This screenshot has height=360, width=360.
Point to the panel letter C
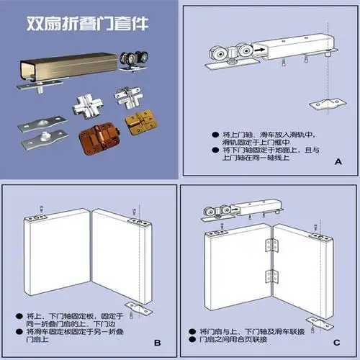point(337,343)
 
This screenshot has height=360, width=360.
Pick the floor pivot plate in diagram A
point(328,104)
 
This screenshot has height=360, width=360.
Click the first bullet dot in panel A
point(215,134)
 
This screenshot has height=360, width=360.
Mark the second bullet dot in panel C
point(192,338)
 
